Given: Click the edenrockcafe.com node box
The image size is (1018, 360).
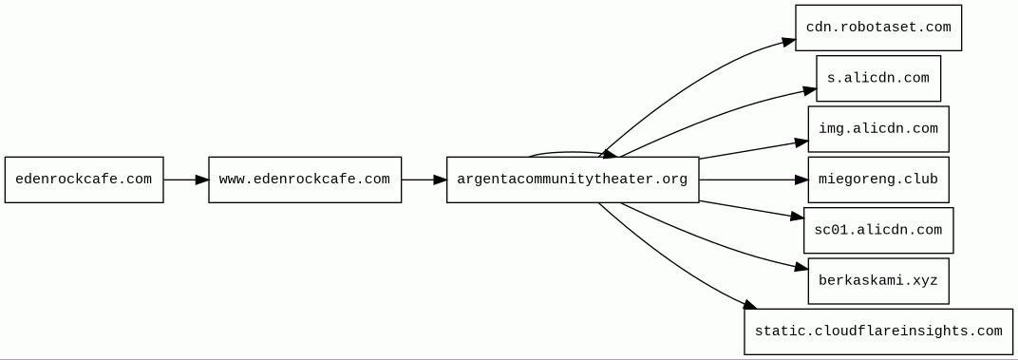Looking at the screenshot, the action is [84, 180].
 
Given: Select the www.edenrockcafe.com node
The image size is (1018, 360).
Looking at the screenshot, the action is [305, 180].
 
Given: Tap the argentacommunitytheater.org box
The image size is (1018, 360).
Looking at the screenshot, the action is [573, 180].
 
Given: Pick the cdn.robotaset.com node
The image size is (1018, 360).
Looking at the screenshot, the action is [878, 28].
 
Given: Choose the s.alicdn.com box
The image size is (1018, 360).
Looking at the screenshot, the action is [878, 78].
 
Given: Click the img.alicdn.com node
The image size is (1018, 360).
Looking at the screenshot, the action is [878, 128].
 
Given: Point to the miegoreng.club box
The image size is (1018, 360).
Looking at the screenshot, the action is [878, 180].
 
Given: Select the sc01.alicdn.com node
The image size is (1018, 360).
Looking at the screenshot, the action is [878, 230].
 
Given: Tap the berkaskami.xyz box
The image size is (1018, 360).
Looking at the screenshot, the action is [878, 281].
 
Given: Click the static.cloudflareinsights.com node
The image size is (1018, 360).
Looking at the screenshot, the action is [878, 332].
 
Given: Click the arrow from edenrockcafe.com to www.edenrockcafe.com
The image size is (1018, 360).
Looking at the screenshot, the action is [186, 180].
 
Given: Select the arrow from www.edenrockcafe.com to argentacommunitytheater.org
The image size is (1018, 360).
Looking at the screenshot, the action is [424, 180].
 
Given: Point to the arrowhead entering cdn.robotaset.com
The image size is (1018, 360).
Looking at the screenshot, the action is [788, 42].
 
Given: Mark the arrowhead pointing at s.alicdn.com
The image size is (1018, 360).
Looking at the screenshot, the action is [809, 90].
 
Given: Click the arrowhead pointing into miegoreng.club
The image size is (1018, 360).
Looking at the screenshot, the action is [801, 180].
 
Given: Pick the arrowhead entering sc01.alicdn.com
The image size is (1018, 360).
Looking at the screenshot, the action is [797, 217].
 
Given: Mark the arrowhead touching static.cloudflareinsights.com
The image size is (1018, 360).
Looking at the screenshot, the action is [750, 304].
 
